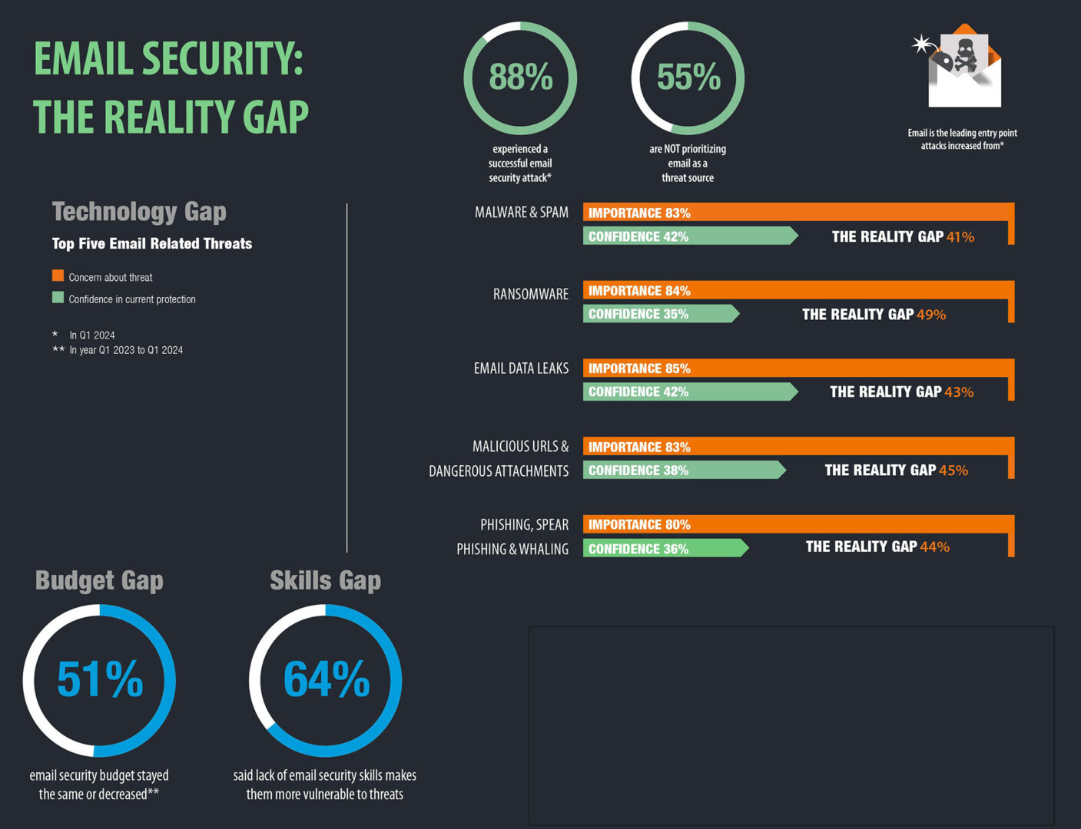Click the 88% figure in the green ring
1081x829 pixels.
point(521,78)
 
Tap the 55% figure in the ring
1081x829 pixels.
point(688,78)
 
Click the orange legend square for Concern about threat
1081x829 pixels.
point(58,276)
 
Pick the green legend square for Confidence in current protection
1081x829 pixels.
point(58,298)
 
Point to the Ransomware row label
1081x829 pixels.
point(530,294)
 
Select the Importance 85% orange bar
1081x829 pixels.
point(795,368)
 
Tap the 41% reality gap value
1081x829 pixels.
point(960,237)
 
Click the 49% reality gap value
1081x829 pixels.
point(931,315)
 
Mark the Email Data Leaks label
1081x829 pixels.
point(521,368)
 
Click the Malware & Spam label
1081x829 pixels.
point(521,213)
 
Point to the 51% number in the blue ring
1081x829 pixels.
point(100,679)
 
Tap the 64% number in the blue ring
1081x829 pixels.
point(327,679)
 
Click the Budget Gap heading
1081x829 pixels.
point(99,580)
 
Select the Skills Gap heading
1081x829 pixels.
point(325,580)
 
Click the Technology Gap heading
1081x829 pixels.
point(139,211)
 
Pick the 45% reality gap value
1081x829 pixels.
point(953,471)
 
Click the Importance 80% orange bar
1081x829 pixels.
point(795,524)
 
